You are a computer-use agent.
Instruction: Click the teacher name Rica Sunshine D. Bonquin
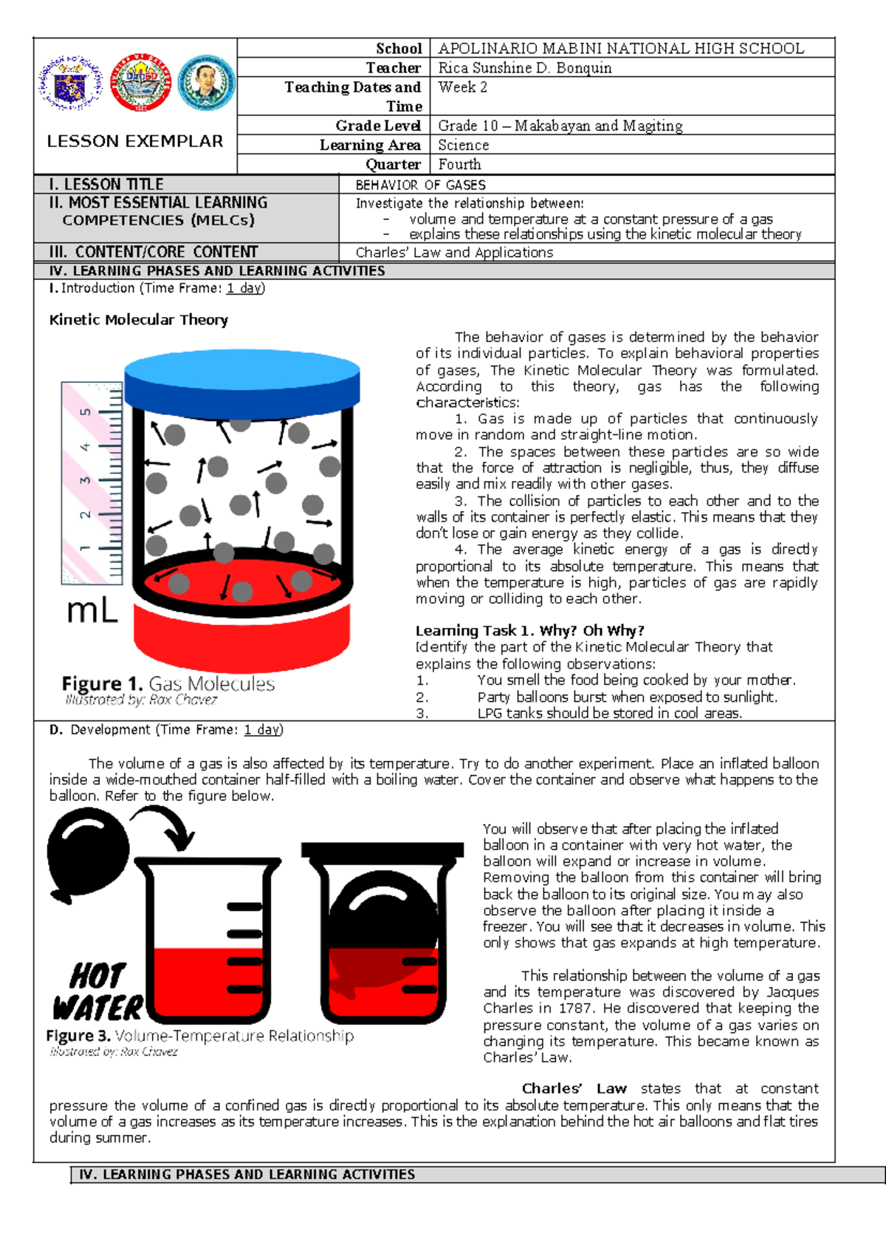pyautogui.click(x=524, y=68)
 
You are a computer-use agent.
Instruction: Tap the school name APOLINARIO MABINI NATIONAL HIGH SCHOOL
pyautogui.click(x=621, y=49)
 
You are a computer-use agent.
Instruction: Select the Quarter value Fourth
pyautogui.click(x=459, y=164)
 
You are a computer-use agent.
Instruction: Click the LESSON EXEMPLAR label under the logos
pyautogui.click(x=135, y=141)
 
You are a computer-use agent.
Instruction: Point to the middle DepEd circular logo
pyautogui.click(x=140, y=83)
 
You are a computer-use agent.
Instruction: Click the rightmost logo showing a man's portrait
pyautogui.click(x=206, y=83)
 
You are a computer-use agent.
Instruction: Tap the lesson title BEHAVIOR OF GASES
pyautogui.click(x=420, y=185)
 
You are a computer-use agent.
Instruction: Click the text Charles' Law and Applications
pyautogui.click(x=454, y=253)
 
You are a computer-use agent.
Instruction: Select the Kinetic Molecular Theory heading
pyautogui.click(x=139, y=320)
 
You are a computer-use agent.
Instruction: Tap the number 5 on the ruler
pyautogui.click(x=86, y=412)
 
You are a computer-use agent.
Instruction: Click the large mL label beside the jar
pyautogui.click(x=92, y=611)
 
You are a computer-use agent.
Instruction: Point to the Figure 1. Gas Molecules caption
pyautogui.click(x=168, y=684)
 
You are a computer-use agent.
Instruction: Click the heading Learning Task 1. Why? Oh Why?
pyautogui.click(x=529, y=631)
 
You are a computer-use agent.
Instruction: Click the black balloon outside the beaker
pyautogui.click(x=87, y=853)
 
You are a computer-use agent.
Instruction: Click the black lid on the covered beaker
pyautogui.click(x=382, y=850)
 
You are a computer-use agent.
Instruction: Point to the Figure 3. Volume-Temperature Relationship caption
pyautogui.click(x=199, y=1036)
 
